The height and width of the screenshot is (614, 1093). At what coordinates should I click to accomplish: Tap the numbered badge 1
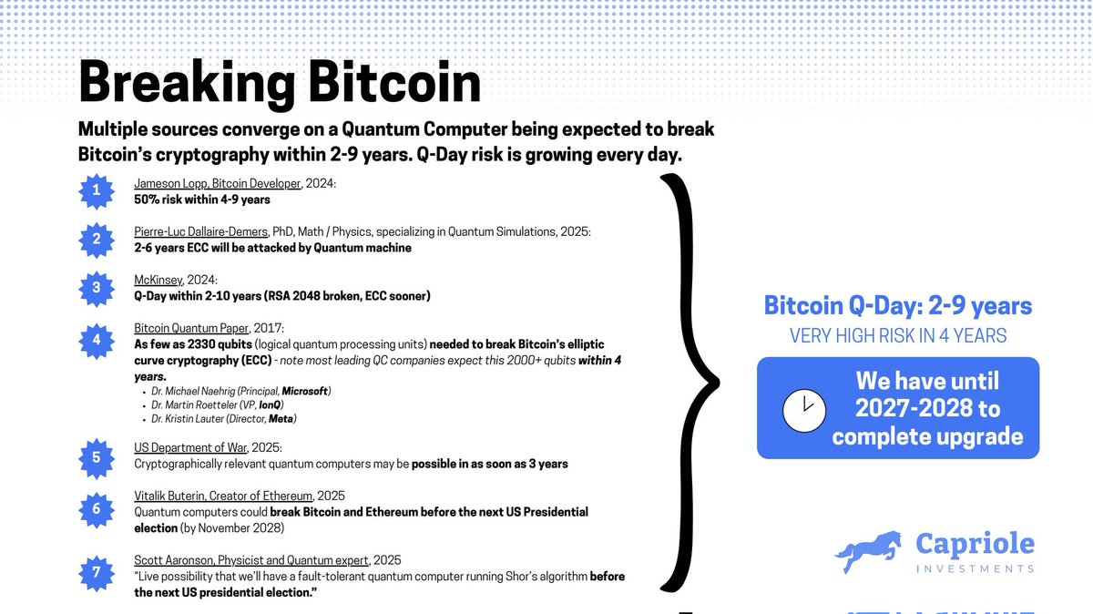click(96, 191)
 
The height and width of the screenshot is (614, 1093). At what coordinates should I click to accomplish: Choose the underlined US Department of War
click(194, 448)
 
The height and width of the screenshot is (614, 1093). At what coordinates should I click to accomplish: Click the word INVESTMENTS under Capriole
click(976, 568)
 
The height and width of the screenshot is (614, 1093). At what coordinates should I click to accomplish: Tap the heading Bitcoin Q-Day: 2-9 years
click(897, 306)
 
